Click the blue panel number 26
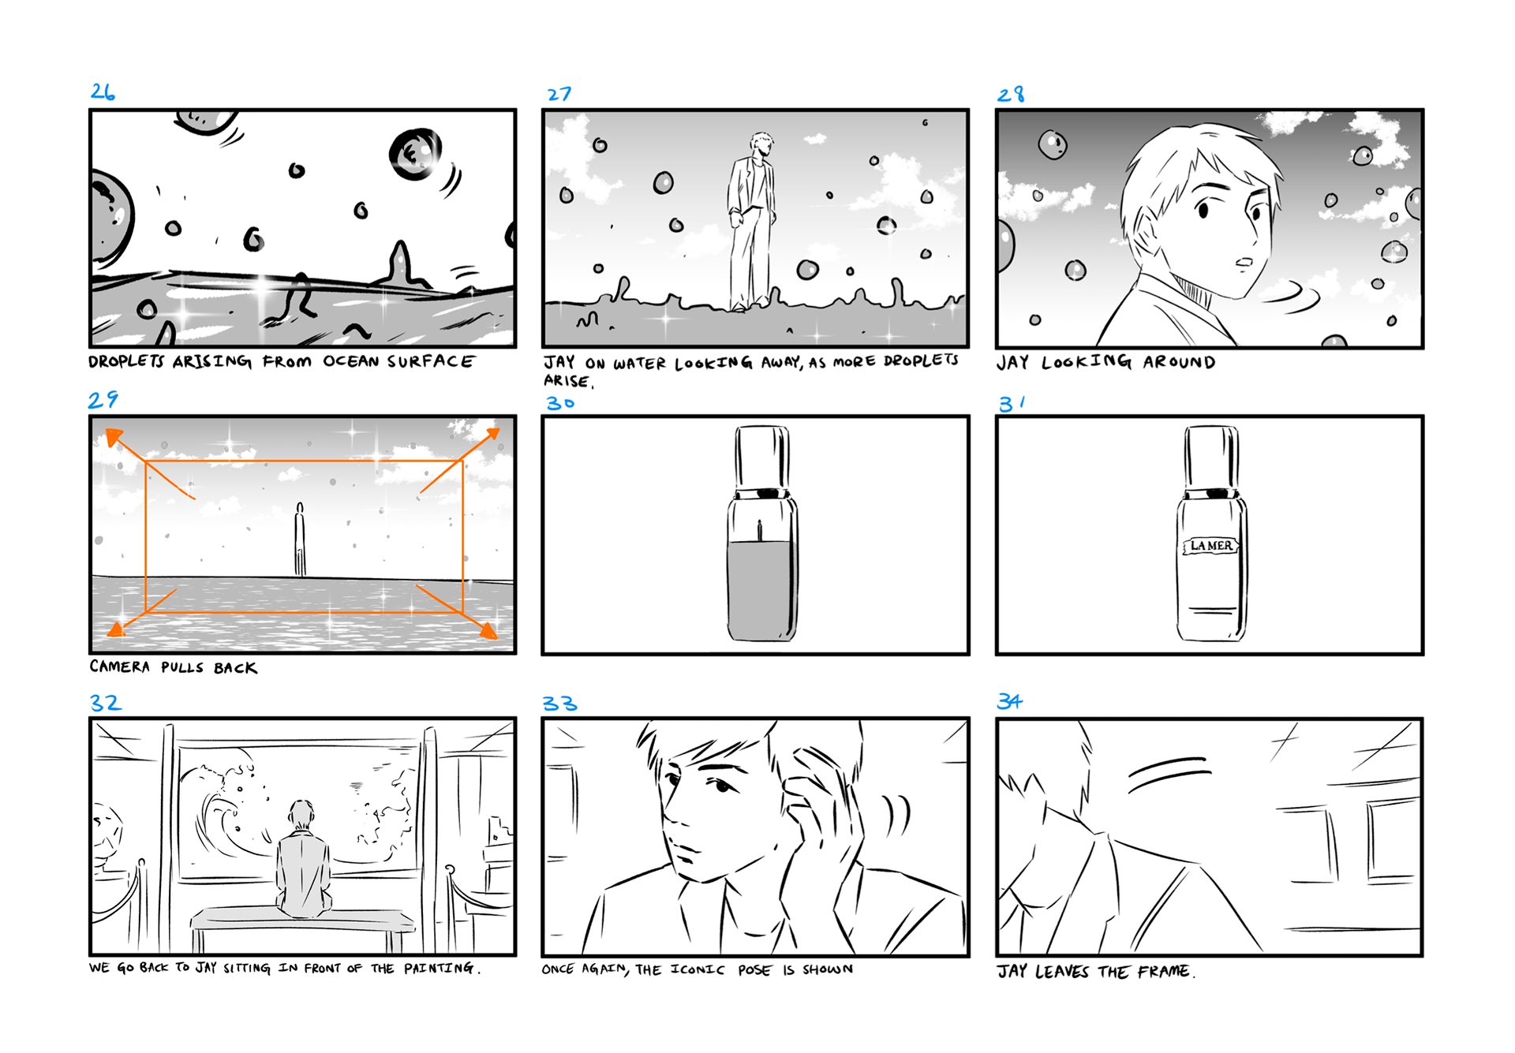pyautogui.click(x=103, y=91)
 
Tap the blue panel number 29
pyautogui.click(x=103, y=400)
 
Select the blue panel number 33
pyautogui.click(x=559, y=704)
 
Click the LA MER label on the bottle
pyautogui.click(x=1210, y=546)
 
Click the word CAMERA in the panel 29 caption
pyautogui.click(x=119, y=667)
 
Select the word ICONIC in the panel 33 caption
pyautogui.click(x=698, y=969)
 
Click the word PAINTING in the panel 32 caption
pyautogui.click(x=439, y=968)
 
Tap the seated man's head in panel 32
pyautogui.click(x=301, y=815)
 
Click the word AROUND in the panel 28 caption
pyautogui.click(x=1179, y=362)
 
